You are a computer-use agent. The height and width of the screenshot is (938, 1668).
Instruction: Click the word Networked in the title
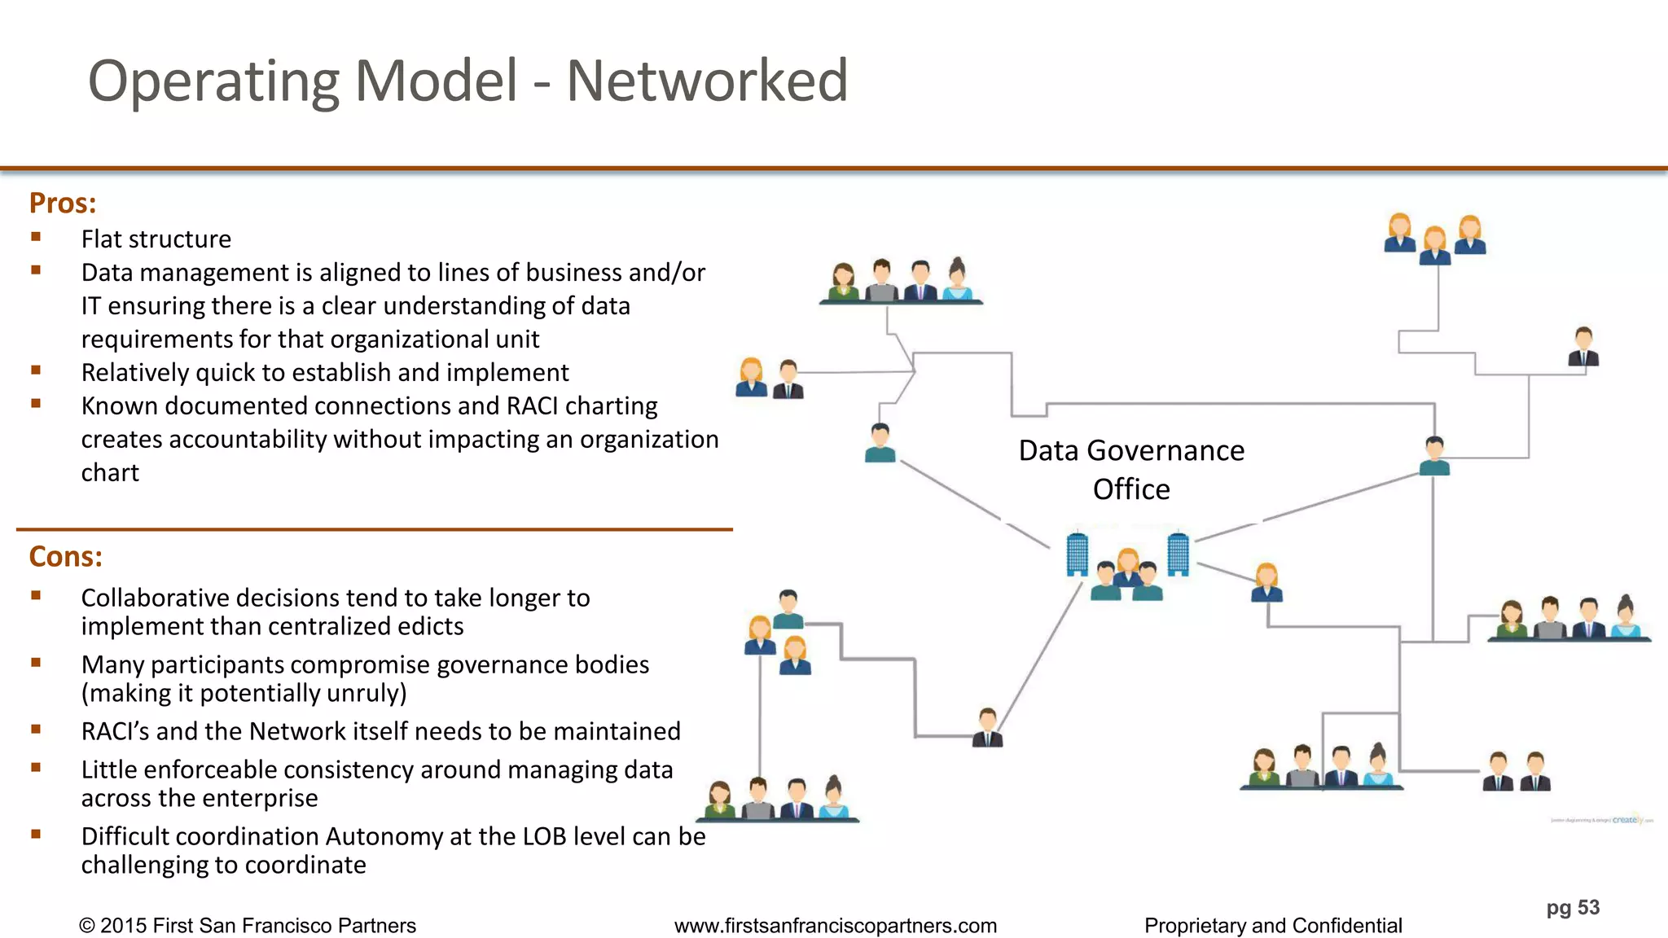(707, 81)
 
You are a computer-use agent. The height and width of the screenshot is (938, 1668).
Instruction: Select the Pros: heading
(63, 203)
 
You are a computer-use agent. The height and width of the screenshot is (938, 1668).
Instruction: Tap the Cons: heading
(65, 556)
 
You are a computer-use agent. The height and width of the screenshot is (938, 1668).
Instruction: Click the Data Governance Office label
(1131, 469)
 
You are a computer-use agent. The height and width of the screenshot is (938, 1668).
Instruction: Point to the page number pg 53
(1573, 907)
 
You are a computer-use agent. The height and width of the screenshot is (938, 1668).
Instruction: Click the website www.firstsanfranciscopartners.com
(836, 926)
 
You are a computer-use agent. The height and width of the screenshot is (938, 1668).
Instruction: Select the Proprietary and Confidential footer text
(1273, 926)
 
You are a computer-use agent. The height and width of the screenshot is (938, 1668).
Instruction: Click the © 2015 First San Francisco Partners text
(247, 926)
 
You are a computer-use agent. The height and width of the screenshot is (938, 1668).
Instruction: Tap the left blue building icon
(1077, 554)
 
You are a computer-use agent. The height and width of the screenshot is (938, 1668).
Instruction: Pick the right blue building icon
(1178, 554)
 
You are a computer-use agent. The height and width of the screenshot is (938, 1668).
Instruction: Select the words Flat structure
(156, 239)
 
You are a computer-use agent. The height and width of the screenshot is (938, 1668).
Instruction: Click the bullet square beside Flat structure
(36, 237)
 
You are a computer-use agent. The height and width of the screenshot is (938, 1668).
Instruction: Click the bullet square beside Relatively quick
(36, 370)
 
